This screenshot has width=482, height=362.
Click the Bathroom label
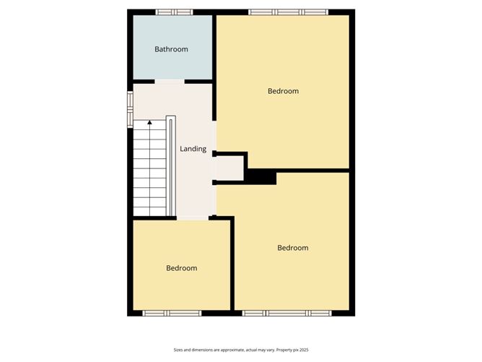pyautogui.click(x=171, y=49)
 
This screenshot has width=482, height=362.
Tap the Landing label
pyautogui.click(x=193, y=149)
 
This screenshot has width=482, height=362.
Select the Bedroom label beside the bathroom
pyautogui.click(x=283, y=91)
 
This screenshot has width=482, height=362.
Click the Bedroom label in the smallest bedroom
pyautogui.click(x=181, y=268)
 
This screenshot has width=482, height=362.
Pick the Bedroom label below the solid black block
pyautogui.click(x=292, y=248)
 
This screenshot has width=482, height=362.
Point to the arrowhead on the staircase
pyautogui.click(x=149, y=123)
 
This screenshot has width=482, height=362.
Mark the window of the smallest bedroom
pyautogui.click(x=171, y=313)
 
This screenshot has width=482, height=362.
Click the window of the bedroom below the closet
pyautogui.click(x=286, y=313)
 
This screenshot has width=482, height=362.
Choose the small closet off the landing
pyautogui.click(x=230, y=168)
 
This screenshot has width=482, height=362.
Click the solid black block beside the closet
pyautogui.click(x=262, y=177)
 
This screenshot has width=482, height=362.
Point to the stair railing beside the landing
pyautogui.click(x=171, y=166)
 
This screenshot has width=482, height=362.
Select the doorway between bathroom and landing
pyautogui.click(x=170, y=82)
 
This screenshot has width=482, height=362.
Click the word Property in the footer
pyautogui.click(x=277, y=349)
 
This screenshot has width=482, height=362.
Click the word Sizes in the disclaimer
pyautogui.click(x=178, y=349)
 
